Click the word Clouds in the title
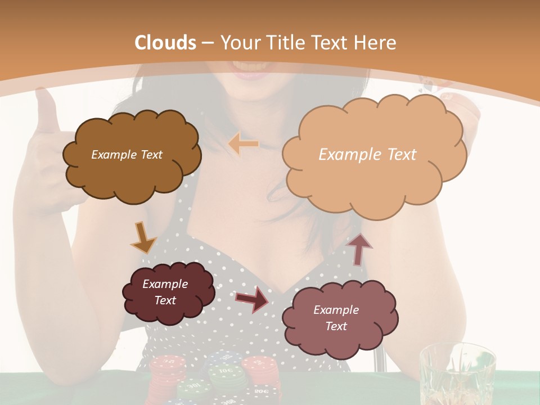click(165, 43)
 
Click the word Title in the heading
click(286, 43)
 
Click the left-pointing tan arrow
click(244, 144)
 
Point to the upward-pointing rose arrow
click(359, 248)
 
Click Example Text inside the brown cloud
click(127, 155)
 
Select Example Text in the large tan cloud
click(367, 155)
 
